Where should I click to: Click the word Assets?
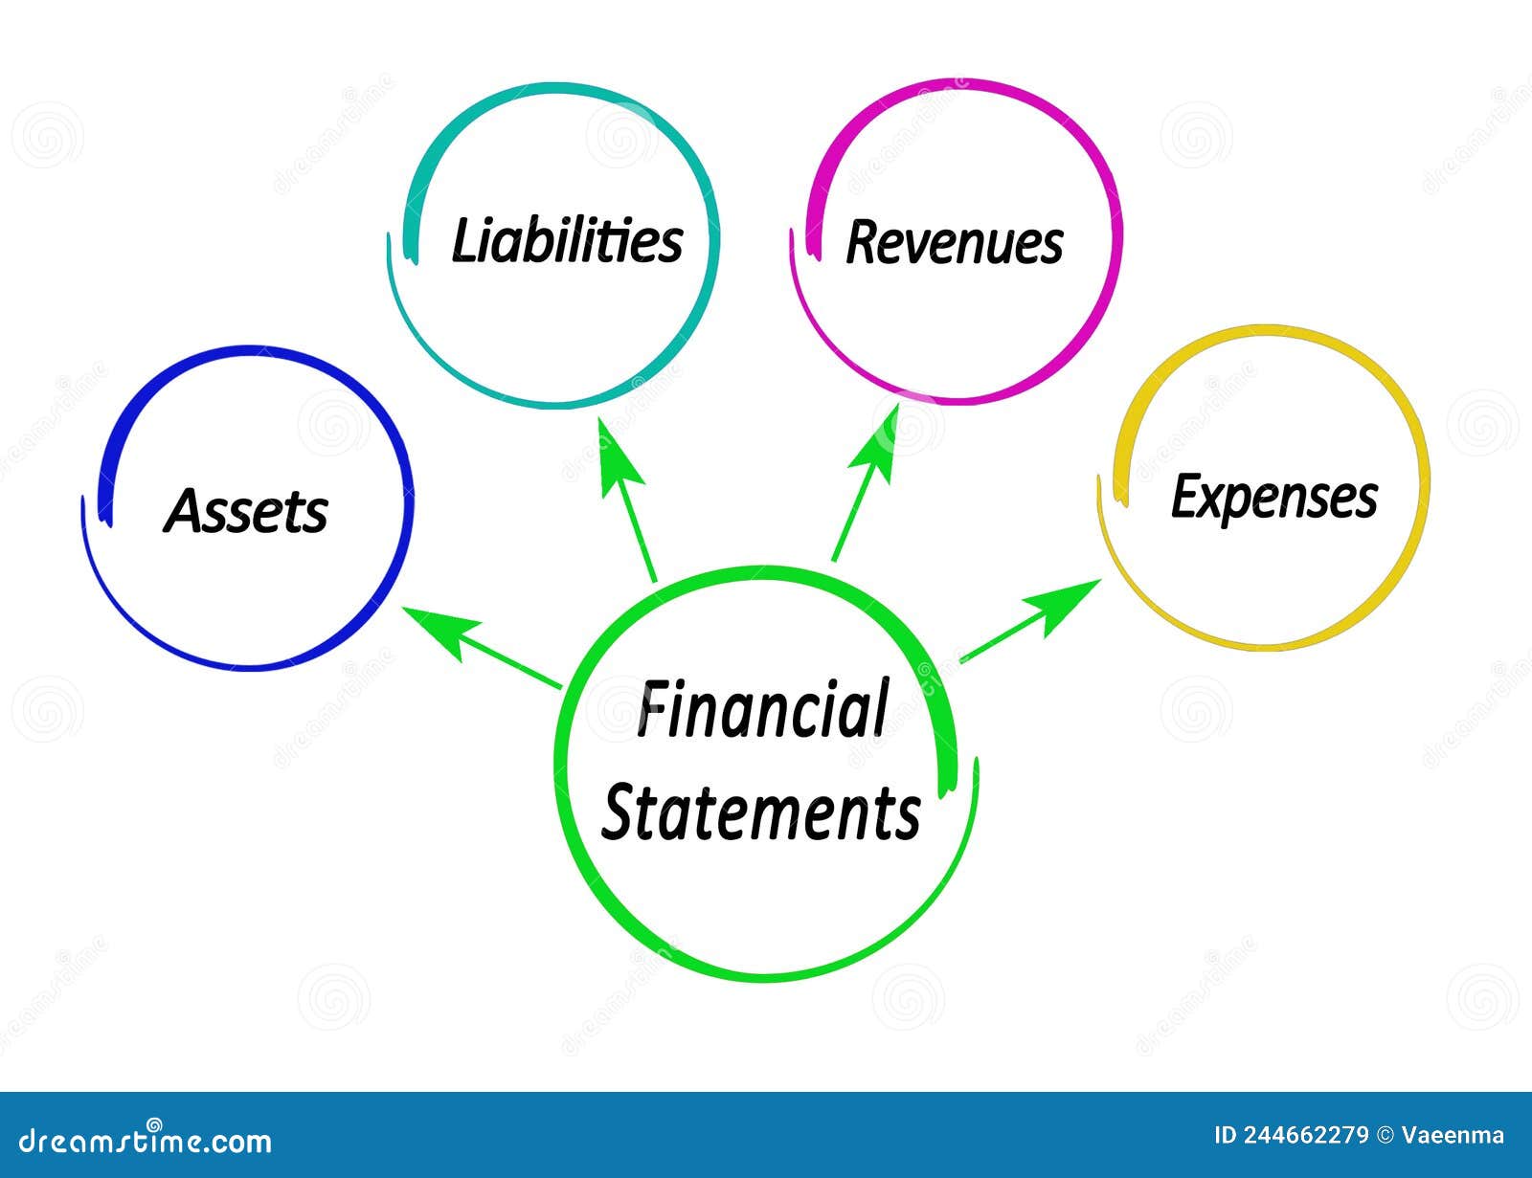coord(246,511)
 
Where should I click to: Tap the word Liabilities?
coord(567,240)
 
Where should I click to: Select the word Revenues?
coord(955,242)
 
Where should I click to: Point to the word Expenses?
coord(1274,498)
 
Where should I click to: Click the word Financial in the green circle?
coord(763,709)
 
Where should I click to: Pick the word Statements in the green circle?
coord(761,812)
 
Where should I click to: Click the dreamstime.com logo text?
coord(146,1140)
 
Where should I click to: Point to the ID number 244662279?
coord(1306,1136)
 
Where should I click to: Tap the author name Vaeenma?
coord(1453,1136)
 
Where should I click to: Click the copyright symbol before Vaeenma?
coord(1385,1136)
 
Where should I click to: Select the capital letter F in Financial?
coord(654,709)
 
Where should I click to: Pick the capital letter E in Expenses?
coord(1186,496)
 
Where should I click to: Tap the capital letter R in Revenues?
coord(864,242)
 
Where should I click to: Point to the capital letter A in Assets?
coord(184,511)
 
